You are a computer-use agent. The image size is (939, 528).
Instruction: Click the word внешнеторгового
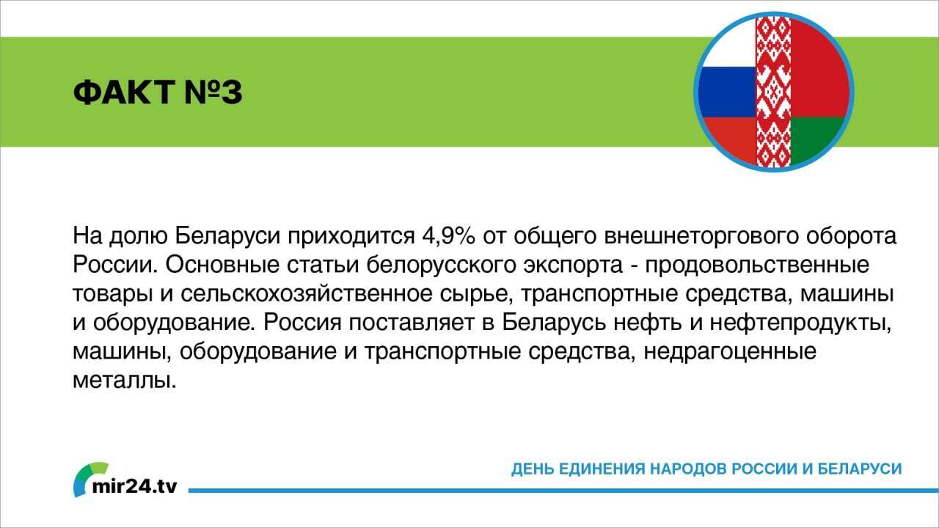[687, 237]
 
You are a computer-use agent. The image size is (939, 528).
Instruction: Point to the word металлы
[125, 379]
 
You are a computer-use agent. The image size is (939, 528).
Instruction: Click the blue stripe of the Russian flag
[726, 92]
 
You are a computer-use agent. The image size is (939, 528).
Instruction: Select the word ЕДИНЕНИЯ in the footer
[602, 468]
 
